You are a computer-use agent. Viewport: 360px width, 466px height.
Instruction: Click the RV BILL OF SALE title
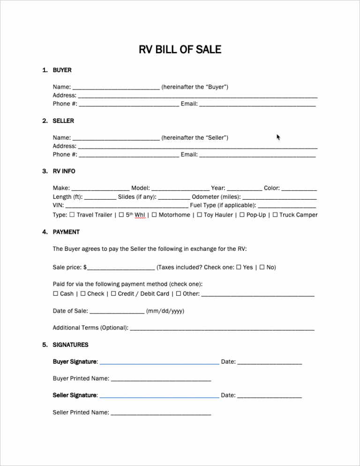pyautogui.click(x=180, y=50)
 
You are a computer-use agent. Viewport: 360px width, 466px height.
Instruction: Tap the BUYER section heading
pyautogui.click(x=62, y=70)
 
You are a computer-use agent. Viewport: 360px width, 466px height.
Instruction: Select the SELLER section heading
pyautogui.click(x=63, y=121)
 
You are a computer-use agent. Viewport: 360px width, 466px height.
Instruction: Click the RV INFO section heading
pyautogui.click(x=64, y=172)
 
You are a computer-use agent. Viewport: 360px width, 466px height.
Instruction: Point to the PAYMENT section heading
pyautogui.click(x=66, y=232)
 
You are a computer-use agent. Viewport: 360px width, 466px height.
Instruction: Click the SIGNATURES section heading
pyautogui.click(x=70, y=345)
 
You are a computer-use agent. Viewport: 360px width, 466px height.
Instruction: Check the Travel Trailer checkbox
pyautogui.click(x=72, y=215)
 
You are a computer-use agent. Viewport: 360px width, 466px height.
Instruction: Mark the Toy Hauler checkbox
pyautogui.click(x=199, y=215)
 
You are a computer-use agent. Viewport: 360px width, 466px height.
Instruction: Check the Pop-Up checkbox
pyautogui.click(x=242, y=215)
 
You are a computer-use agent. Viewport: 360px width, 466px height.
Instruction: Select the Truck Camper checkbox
pyautogui.click(x=275, y=215)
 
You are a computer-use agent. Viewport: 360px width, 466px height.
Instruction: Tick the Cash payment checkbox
pyautogui.click(x=56, y=293)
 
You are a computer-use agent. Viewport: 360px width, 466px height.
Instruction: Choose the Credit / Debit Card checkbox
pyautogui.click(x=113, y=293)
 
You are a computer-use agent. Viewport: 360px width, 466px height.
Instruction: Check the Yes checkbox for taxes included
pyautogui.click(x=239, y=267)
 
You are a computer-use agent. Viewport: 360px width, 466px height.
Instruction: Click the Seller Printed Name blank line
pyautogui.click(x=161, y=414)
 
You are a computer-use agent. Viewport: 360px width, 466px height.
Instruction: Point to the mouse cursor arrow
pyautogui.click(x=278, y=137)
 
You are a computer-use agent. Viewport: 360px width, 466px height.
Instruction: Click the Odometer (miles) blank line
pyautogui.click(x=279, y=198)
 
